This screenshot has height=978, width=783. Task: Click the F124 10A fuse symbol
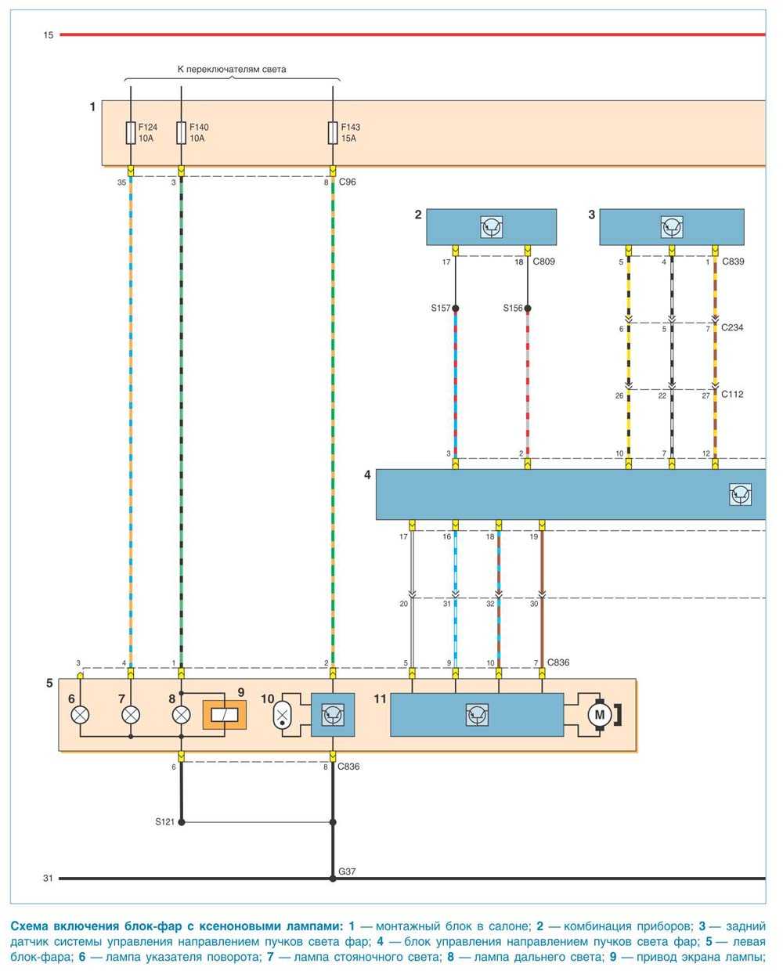pyautogui.click(x=130, y=132)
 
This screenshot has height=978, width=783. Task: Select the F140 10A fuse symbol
pyautogui.click(x=182, y=132)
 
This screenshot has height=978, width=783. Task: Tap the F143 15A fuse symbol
pyautogui.click(x=333, y=132)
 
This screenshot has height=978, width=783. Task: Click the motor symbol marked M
pyautogui.click(x=601, y=714)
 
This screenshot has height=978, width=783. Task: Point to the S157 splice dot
pyautogui.click(x=456, y=309)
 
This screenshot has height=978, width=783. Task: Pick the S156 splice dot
pyautogui.click(x=528, y=309)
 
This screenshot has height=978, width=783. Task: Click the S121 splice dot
pyautogui.click(x=182, y=822)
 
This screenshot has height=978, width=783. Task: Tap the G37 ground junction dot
pyautogui.click(x=333, y=879)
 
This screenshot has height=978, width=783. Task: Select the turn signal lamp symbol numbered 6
pyautogui.click(x=80, y=714)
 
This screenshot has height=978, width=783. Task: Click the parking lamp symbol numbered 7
pyautogui.click(x=130, y=714)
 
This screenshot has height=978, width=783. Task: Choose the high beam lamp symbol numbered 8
pyautogui.click(x=182, y=714)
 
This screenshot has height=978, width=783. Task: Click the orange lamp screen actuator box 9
pyautogui.click(x=225, y=714)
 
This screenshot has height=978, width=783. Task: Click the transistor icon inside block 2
pyautogui.click(x=491, y=227)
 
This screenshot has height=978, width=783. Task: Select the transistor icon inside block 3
pyautogui.click(x=671, y=227)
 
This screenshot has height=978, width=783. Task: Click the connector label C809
pyautogui.click(x=543, y=262)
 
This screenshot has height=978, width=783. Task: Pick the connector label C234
pyautogui.click(x=732, y=328)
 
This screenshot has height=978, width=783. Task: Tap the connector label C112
pyautogui.click(x=732, y=395)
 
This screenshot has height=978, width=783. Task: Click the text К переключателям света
pyautogui.click(x=231, y=69)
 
